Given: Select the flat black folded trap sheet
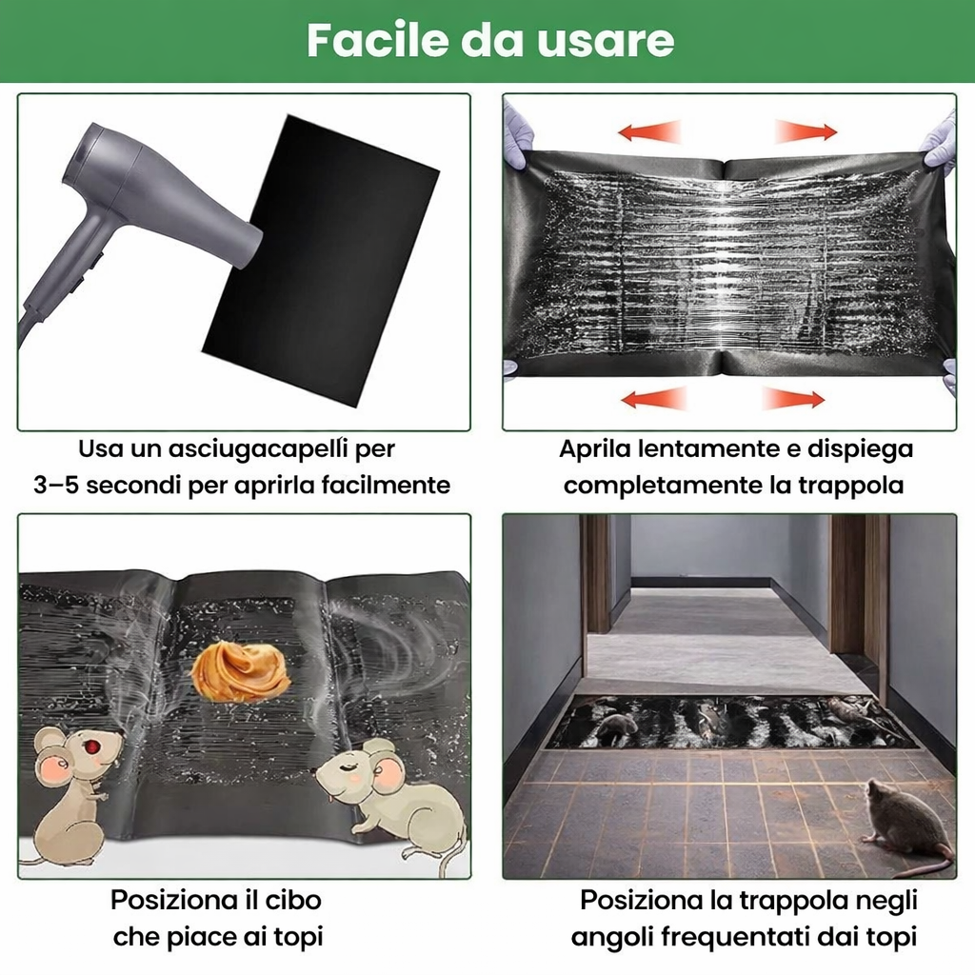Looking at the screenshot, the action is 321,261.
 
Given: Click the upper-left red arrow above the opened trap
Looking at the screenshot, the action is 649,131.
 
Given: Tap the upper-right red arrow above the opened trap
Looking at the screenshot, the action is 806,131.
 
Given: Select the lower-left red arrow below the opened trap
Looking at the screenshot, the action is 653,399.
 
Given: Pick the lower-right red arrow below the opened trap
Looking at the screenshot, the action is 793,399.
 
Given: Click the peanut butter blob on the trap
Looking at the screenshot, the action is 240,672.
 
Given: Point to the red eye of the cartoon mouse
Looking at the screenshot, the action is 93,745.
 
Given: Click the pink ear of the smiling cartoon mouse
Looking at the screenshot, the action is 389,774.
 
